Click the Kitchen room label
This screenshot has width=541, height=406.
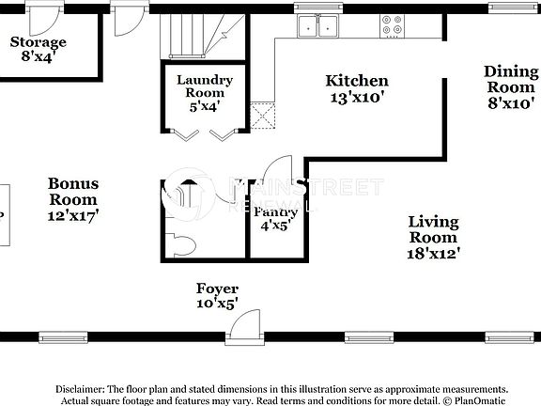[356, 88]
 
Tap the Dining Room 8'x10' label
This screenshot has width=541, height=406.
[511, 87]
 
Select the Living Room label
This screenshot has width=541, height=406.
[433, 236]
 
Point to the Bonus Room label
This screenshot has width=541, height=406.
[73, 199]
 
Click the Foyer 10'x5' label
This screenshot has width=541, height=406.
[217, 295]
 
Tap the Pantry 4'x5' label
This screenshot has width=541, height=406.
[277, 218]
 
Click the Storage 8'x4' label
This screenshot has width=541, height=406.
[38, 49]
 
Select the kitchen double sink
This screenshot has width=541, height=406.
[317, 26]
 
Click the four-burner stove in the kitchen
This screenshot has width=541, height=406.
[393, 26]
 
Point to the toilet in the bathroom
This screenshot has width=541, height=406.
[185, 244]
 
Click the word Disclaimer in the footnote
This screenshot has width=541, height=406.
[84, 388]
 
